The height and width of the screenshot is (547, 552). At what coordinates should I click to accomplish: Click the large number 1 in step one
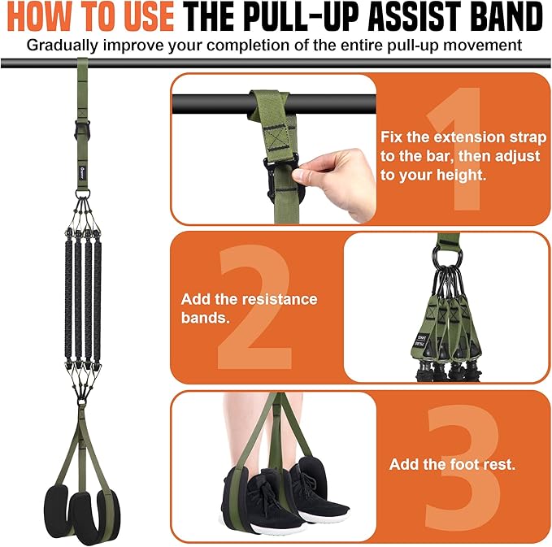[454, 149]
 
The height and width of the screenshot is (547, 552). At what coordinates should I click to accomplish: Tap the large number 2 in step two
[254, 306]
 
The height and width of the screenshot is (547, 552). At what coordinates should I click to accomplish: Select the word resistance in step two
[280, 300]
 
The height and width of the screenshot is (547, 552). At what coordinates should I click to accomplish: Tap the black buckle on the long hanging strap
[82, 129]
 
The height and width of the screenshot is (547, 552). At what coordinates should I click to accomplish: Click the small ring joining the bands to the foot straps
[81, 402]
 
